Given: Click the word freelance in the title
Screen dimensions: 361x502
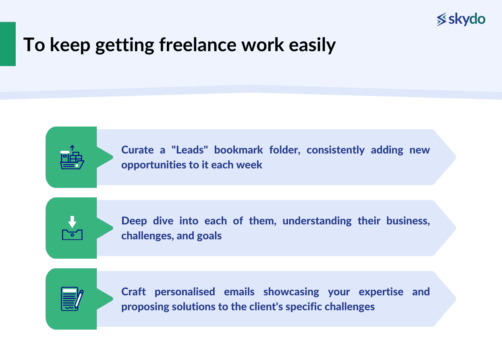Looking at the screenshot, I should coord(197,45).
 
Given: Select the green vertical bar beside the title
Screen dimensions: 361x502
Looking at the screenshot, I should coord(8,44).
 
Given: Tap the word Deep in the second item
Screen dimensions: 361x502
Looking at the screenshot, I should coord(134,221).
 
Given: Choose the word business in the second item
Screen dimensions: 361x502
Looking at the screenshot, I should coord(408,221).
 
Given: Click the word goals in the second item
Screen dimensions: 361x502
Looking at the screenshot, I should coord(210,235).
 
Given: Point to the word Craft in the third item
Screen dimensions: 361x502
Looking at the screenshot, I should coord(134,291).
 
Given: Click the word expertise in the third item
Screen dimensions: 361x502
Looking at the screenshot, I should coord(381,291).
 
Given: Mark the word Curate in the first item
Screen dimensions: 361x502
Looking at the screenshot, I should coord(137,150).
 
